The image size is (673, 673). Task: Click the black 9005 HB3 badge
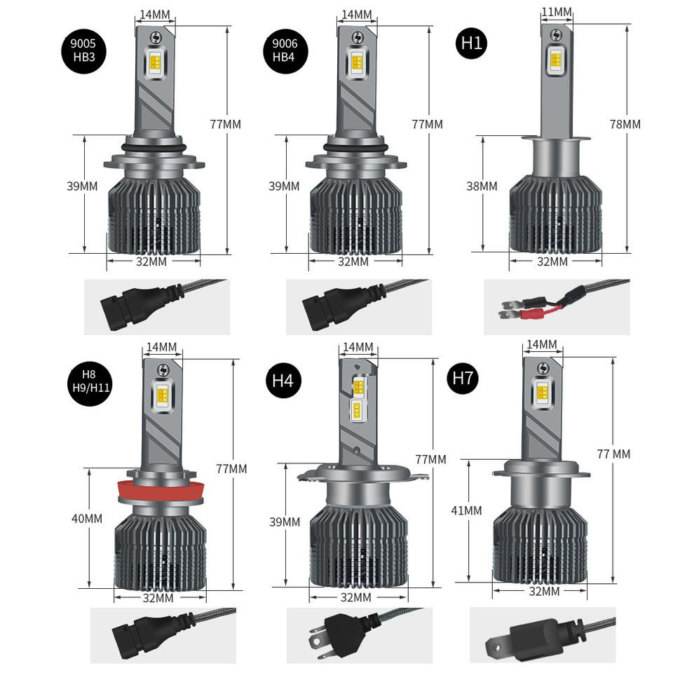pyautogui.click(x=83, y=50)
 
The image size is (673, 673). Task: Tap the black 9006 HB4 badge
pyautogui.click(x=285, y=50)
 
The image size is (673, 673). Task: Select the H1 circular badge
pyautogui.click(x=471, y=43)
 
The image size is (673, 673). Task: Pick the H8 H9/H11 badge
pyautogui.click(x=90, y=382)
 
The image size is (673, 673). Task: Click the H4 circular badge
pyautogui.click(x=283, y=381)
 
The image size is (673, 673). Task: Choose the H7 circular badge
pyautogui.click(x=463, y=379)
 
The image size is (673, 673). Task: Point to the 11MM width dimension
pyautogui.click(x=556, y=12)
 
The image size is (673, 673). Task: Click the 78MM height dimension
pyautogui.click(x=625, y=124)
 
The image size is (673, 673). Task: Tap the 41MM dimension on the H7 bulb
pyautogui.click(x=466, y=510)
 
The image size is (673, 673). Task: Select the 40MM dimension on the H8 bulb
pyautogui.click(x=87, y=519)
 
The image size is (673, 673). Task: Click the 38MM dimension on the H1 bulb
pyautogui.click(x=482, y=186)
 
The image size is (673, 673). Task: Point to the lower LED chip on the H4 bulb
pyautogui.click(x=357, y=410)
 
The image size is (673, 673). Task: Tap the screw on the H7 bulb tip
pyautogui.click(x=543, y=368)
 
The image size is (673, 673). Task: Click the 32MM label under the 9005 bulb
pyautogui.click(x=151, y=261)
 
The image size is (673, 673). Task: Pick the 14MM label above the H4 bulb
pyautogui.click(x=358, y=346)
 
